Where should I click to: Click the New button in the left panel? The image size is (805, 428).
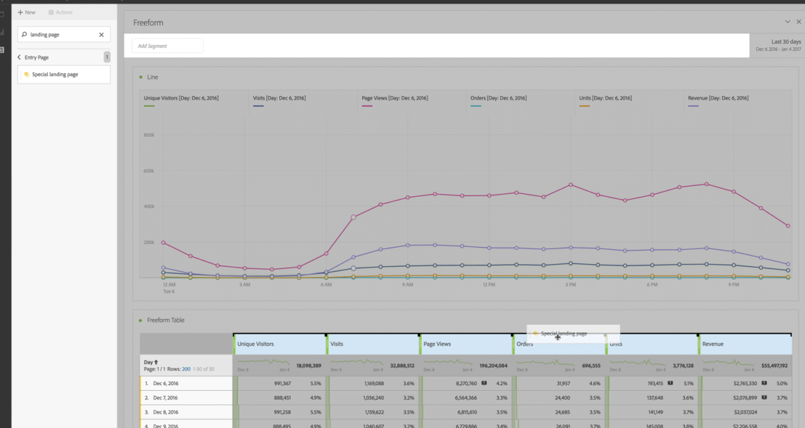click(x=26, y=13)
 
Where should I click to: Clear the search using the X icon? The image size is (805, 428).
click(x=101, y=35)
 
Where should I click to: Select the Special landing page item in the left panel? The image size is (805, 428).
click(x=55, y=74)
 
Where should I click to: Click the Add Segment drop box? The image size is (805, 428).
click(x=167, y=46)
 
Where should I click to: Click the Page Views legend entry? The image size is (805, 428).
click(x=394, y=98)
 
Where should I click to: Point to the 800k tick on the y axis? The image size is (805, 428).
click(x=149, y=135)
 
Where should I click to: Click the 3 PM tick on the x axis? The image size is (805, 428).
click(x=570, y=285)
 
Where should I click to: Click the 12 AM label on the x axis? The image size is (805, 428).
click(x=169, y=285)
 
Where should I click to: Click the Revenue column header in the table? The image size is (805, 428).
click(x=713, y=344)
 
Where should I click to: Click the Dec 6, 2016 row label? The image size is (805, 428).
click(x=165, y=383)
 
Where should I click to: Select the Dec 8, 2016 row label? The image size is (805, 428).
click(x=165, y=412)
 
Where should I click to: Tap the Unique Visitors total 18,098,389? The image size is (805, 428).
click(x=309, y=365)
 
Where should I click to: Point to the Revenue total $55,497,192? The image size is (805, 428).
click(x=770, y=365)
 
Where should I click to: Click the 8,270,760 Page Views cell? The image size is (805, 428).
click(x=463, y=383)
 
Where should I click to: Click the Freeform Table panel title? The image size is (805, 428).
click(x=165, y=320)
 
